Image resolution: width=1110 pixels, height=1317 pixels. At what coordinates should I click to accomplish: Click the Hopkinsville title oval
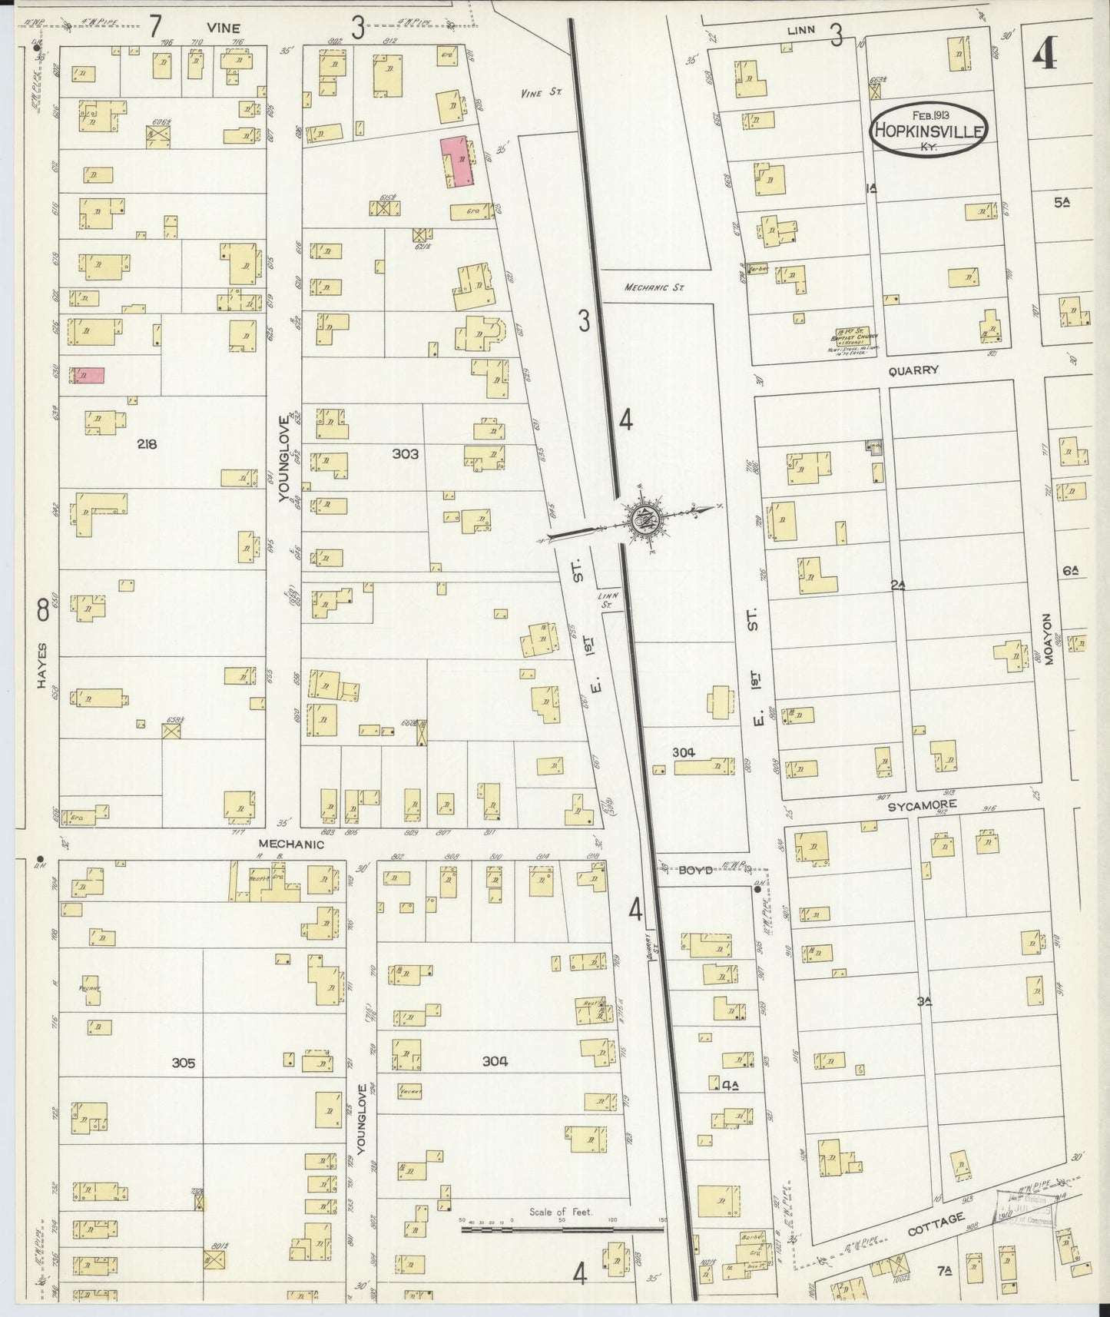pyautogui.click(x=927, y=130)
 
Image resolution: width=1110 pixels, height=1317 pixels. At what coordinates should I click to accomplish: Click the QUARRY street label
pyautogui.click(x=913, y=370)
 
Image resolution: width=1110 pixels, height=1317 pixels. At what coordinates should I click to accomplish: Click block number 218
pyautogui.click(x=146, y=443)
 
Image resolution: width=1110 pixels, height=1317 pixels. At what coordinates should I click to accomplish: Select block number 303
pyautogui.click(x=405, y=454)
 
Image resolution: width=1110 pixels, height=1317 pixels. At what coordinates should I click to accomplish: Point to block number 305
pyautogui.click(x=183, y=1063)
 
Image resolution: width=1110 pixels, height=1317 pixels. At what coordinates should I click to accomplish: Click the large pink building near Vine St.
pyautogui.click(x=456, y=162)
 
